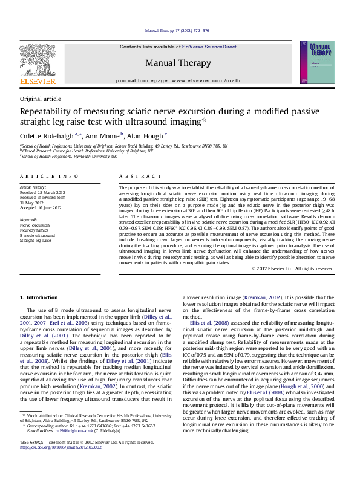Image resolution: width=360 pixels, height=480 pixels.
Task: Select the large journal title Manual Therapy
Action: [x=178, y=63]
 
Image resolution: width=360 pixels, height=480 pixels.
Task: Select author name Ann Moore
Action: [x=103, y=136]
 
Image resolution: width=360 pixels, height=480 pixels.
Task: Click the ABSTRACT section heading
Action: [x=137, y=175]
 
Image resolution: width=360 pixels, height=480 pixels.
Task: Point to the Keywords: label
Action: [x=30, y=220]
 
